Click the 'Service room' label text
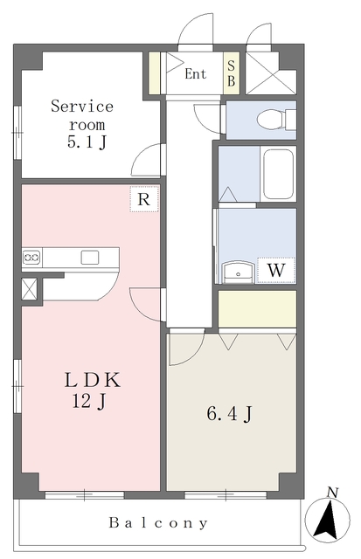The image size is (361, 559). [x=82, y=115]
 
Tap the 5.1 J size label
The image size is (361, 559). [x=87, y=142]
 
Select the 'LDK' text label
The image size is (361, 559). [x=93, y=380]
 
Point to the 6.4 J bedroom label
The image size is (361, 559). [x=230, y=414]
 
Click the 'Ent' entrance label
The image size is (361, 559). [x=196, y=74]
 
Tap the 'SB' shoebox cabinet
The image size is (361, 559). [x=231, y=73]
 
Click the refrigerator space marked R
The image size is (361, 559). [x=143, y=199]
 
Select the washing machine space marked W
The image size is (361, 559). [x=276, y=271]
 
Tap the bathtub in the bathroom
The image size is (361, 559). [x=278, y=175]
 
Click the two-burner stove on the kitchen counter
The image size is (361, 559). [x=31, y=257]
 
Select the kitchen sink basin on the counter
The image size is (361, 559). [x=89, y=258]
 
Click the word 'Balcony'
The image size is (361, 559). [x=158, y=523]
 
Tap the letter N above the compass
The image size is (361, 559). [x=332, y=493]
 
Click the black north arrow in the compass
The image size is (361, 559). [x=328, y=520]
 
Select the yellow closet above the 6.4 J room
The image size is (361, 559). [x=257, y=309]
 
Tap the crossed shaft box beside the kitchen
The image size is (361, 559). [x=29, y=289]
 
